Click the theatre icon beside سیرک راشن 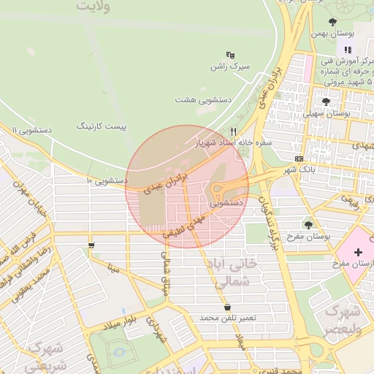point(231,55)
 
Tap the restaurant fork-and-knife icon point(234,131)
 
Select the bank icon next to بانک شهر point(299,159)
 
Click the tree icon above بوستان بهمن point(333,22)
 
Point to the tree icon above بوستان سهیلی point(326,102)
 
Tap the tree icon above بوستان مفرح point(309,225)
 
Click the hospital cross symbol point(358,253)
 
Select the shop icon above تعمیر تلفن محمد point(229,308)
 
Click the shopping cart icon point(91,245)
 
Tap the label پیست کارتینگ point(102,126)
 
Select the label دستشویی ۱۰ point(107,180)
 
